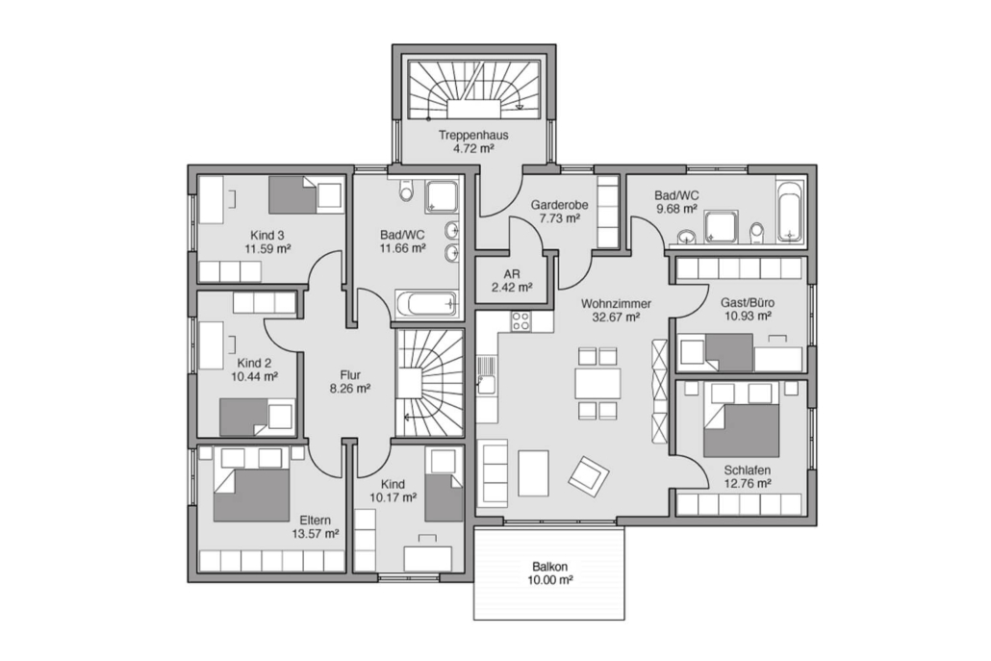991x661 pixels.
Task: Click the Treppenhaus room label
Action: [x=473, y=135]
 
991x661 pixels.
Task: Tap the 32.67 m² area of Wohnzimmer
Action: [x=616, y=318]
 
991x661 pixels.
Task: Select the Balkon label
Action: [x=549, y=567]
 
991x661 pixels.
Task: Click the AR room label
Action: [x=512, y=275]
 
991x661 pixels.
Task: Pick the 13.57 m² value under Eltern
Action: [x=316, y=533]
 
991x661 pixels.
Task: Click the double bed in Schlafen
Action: [x=741, y=419]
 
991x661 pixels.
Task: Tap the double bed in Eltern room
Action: [x=251, y=485]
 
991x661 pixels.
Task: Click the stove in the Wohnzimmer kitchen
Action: [x=521, y=321]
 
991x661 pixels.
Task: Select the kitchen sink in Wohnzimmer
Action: [x=486, y=376]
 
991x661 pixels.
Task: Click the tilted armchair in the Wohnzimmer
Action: [x=589, y=473]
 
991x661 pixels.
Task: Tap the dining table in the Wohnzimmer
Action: [x=597, y=383]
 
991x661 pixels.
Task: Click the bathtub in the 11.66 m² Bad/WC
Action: [x=426, y=304]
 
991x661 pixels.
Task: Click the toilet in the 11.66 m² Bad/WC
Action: [x=405, y=189]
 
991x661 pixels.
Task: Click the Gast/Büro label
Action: [x=748, y=303]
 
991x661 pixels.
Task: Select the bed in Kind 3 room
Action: [x=306, y=194]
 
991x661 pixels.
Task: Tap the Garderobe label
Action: [x=559, y=205]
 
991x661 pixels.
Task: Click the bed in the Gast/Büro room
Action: [x=716, y=352]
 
